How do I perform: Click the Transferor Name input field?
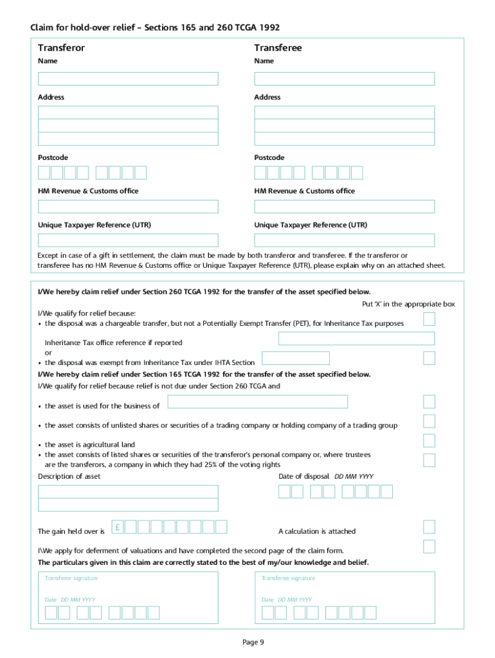128,78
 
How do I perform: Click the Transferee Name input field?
344,78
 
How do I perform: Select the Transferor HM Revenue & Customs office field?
128,206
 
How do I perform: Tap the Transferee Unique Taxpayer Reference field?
344,240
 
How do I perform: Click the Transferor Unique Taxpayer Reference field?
128,240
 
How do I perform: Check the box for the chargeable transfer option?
429,319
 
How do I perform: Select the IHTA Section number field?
296,358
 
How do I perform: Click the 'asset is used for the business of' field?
257,402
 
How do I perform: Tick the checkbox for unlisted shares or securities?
429,422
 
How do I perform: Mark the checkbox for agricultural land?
429,441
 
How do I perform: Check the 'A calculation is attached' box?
429,527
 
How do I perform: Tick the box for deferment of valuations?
429,547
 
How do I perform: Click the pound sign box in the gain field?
118,527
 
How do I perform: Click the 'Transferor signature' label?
71,578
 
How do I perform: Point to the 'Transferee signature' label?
289,578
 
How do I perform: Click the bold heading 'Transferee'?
278,48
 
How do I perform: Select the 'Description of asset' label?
69,476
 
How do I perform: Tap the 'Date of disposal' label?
303,476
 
